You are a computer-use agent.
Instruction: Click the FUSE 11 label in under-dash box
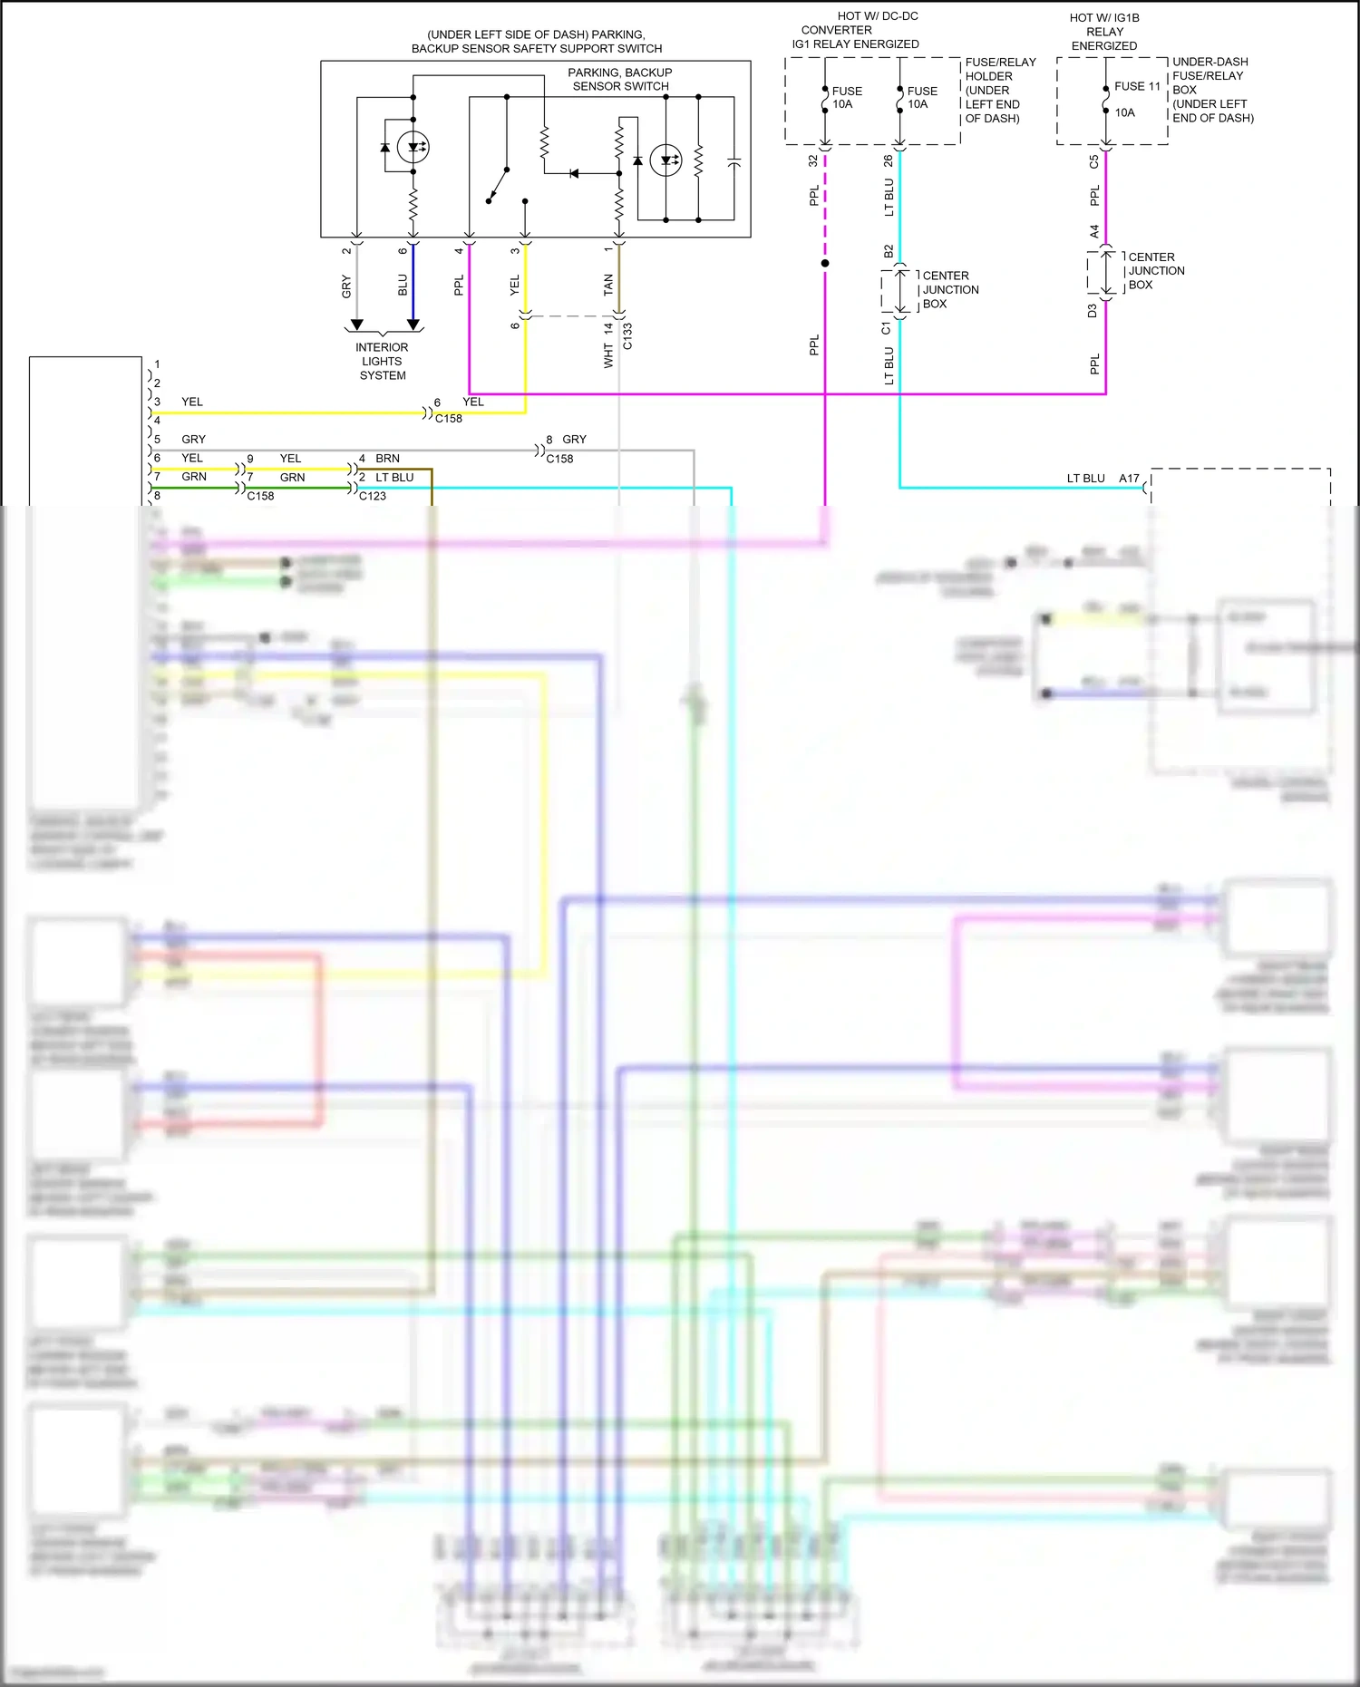(x=1137, y=86)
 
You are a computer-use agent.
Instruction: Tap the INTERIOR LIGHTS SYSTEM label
(x=382, y=361)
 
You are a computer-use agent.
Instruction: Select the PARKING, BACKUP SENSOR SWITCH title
(x=620, y=79)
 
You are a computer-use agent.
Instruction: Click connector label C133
(x=627, y=336)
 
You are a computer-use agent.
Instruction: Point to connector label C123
(x=373, y=496)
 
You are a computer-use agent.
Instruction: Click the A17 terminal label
(x=1129, y=478)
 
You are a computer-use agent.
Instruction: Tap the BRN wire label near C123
(x=387, y=458)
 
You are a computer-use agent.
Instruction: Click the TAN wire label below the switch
(x=608, y=285)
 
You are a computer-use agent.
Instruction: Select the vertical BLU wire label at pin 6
(x=403, y=285)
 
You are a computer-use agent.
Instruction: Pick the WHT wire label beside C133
(x=608, y=356)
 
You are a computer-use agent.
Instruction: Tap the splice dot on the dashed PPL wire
(x=825, y=263)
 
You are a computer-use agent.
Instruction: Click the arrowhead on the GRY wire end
(x=357, y=325)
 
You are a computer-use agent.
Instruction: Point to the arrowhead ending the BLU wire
(x=413, y=325)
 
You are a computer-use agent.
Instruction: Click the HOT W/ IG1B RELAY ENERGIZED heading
(x=1104, y=32)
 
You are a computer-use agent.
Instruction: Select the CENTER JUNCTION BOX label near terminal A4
(x=1155, y=271)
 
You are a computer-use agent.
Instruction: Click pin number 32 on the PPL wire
(x=813, y=160)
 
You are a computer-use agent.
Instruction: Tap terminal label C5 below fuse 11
(x=1094, y=162)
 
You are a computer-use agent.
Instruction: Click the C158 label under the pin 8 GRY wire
(x=559, y=459)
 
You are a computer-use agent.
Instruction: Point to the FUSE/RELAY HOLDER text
(x=1000, y=69)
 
